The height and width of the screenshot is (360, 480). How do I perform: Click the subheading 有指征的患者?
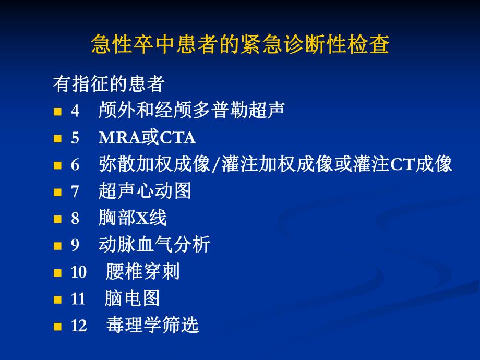pos(109,83)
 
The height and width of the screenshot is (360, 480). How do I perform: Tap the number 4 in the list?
pos(75,112)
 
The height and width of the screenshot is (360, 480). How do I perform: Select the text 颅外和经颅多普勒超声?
pos(191,111)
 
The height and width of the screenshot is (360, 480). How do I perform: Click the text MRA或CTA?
pos(147,138)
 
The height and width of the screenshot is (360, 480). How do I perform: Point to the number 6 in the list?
pos(75,165)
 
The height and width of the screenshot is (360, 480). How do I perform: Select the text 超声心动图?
pos(145,191)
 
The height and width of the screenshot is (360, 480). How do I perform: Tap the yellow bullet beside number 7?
pos(57,192)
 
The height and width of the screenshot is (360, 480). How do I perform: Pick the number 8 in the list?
pos(75,219)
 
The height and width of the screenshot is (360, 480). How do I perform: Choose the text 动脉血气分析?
pos(154,245)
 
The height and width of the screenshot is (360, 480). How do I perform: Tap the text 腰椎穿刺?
pos(142,272)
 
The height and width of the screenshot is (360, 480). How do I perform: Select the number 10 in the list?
pos(78,272)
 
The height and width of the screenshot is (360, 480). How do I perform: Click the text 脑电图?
pos(132,298)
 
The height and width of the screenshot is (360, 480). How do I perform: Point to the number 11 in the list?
pos(78,299)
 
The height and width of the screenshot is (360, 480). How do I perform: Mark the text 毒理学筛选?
pos(152,326)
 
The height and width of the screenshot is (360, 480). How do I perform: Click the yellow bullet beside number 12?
pos(57,327)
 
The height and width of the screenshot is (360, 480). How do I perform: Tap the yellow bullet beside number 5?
pos(57,139)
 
